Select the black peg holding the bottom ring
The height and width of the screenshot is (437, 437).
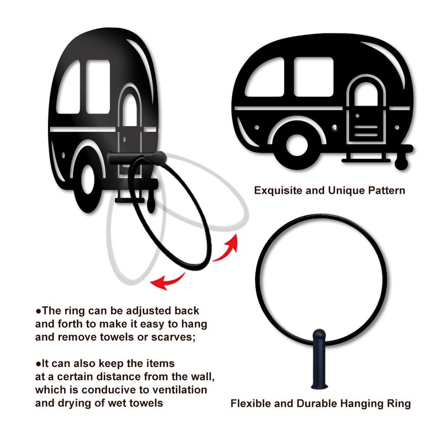pos(320,361)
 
